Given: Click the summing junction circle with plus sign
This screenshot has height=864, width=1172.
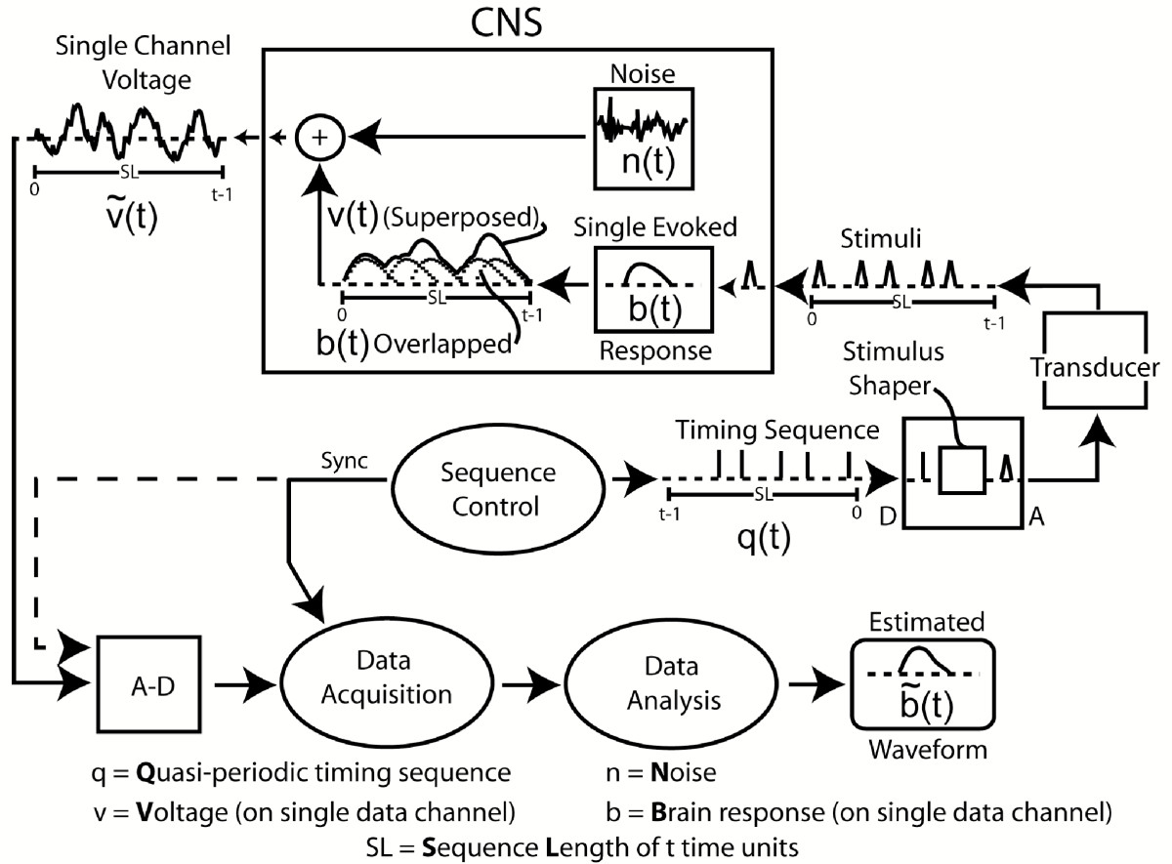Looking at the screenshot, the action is tap(318, 139).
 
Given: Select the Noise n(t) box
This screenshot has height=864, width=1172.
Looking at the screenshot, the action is tap(644, 137).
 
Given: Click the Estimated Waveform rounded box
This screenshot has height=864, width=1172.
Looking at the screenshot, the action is tap(922, 683).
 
